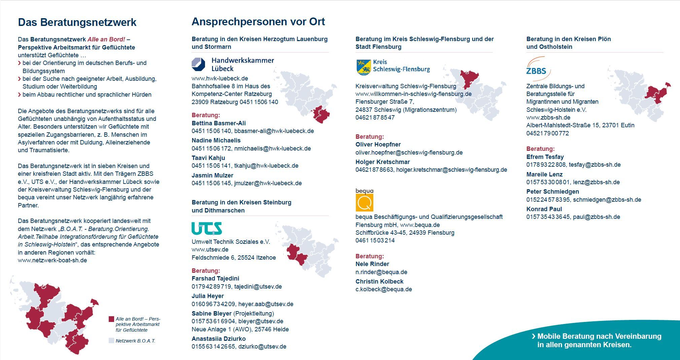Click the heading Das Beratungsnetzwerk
(77, 22)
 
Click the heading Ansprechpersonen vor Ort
(258, 22)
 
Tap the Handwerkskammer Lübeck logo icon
(198, 64)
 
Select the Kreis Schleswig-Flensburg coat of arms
(363, 67)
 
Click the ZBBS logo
(538, 69)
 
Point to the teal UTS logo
(207, 228)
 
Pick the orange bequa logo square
(364, 202)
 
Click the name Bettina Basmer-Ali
(219, 123)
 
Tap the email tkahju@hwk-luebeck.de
(266, 166)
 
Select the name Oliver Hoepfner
(378, 144)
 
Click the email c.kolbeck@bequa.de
(384, 289)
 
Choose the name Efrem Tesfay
(545, 157)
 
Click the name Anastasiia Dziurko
(219, 339)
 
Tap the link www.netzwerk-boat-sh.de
(52, 260)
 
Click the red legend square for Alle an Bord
(111, 319)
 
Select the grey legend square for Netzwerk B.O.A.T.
(111, 340)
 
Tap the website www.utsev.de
(210, 250)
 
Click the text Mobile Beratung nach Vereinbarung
(599, 336)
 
